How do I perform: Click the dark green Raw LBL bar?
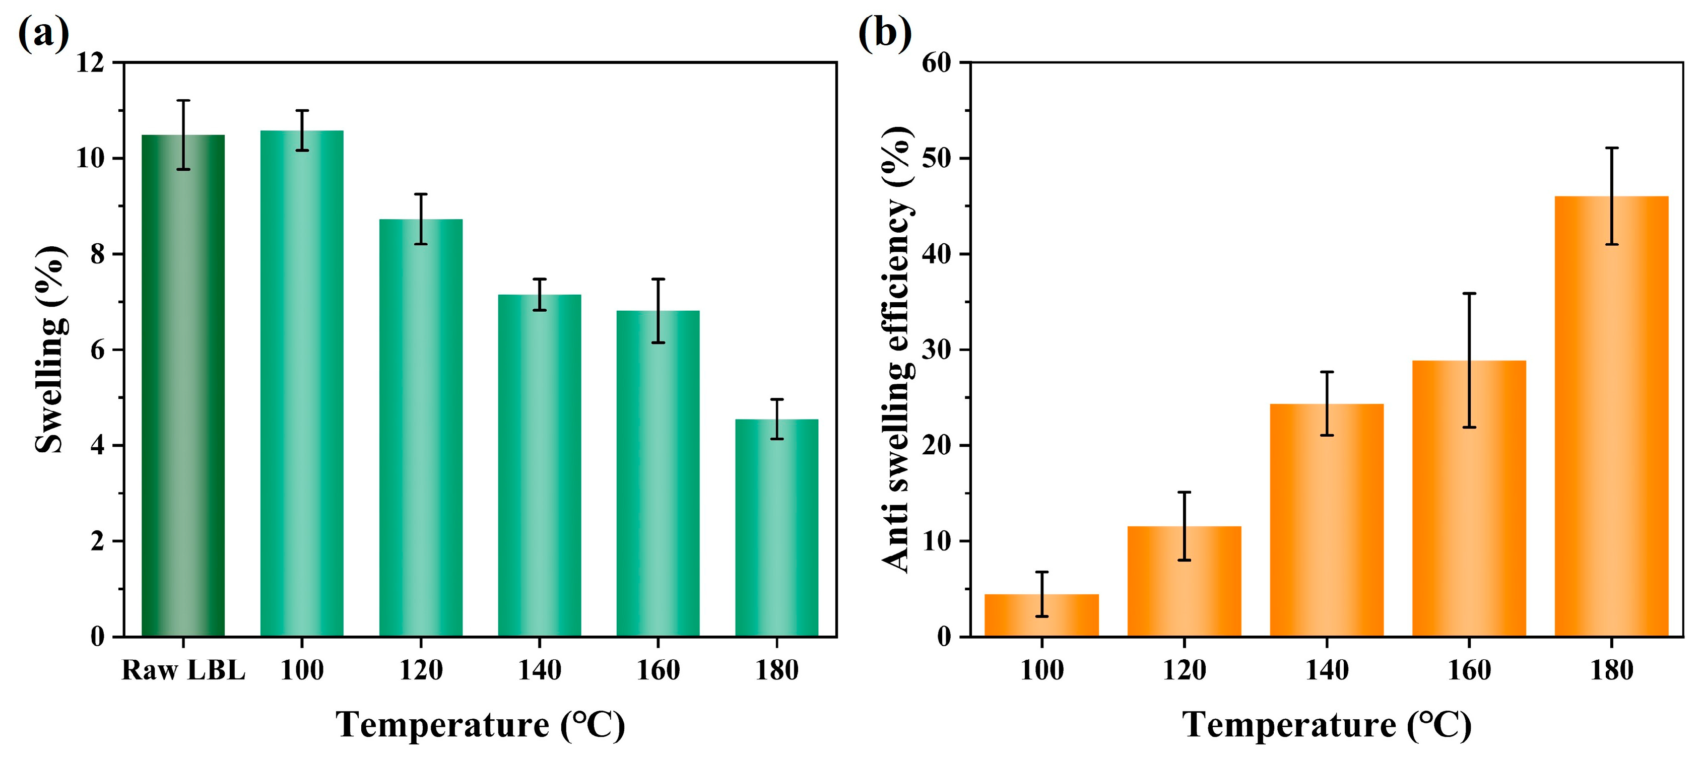(x=183, y=397)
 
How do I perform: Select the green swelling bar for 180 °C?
(x=776, y=529)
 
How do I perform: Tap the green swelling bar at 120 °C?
(x=421, y=430)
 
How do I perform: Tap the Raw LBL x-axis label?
(x=183, y=670)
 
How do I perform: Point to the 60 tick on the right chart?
(x=936, y=63)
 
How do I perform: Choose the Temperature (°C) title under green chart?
(x=480, y=725)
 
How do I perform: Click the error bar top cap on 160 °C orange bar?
(x=1469, y=293)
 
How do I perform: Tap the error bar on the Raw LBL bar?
(x=183, y=135)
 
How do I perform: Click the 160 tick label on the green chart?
(x=658, y=670)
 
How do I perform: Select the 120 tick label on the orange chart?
(x=1184, y=670)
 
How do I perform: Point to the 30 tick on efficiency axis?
(x=936, y=350)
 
